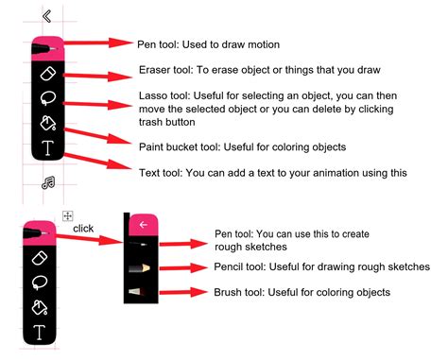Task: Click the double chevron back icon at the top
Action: (x=46, y=16)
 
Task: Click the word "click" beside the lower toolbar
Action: (x=84, y=228)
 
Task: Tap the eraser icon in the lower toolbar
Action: (x=40, y=257)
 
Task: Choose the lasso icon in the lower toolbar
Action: (x=40, y=282)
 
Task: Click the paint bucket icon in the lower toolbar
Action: (x=40, y=306)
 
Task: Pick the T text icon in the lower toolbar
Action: (x=40, y=331)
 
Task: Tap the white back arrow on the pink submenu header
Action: (x=143, y=225)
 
